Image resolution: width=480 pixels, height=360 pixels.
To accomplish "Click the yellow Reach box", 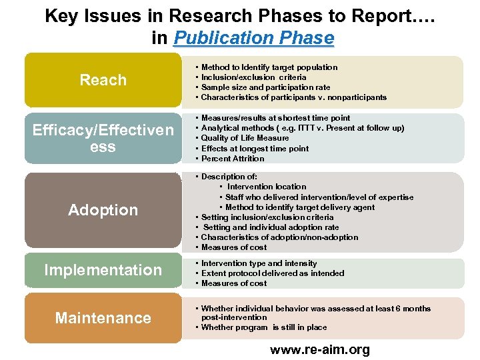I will (x=103, y=81).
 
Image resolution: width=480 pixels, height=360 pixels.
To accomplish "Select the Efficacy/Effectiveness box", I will (x=103, y=138).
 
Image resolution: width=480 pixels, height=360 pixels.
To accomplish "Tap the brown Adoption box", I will (x=103, y=210).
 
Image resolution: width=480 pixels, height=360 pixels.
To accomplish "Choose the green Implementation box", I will (x=103, y=270).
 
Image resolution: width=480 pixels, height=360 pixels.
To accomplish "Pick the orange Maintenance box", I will (x=103, y=318).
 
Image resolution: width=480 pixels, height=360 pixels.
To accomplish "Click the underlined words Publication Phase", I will (x=253, y=38).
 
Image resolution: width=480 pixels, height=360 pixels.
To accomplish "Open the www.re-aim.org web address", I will (x=319, y=349).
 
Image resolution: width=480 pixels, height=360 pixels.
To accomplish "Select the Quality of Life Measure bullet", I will (x=245, y=138).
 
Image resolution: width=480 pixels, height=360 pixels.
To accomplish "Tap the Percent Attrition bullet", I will (x=233, y=159).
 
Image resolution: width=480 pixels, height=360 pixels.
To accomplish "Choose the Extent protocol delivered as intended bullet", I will (x=273, y=273).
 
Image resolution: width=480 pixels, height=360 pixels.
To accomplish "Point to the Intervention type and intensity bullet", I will (x=259, y=263).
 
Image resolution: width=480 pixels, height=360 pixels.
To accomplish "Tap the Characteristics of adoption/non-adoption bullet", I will (x=279, y=237).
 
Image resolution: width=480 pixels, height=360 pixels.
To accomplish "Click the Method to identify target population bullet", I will (x=269, y=67).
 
